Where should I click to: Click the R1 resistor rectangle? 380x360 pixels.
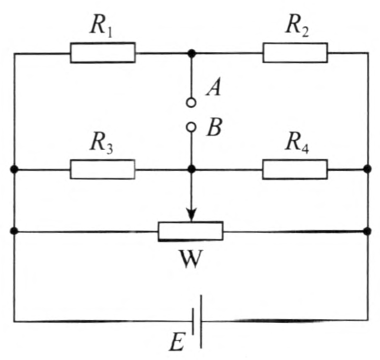pos(103,53)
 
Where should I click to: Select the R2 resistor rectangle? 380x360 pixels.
pos(295,53)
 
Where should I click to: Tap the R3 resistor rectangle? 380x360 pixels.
pos(102,169)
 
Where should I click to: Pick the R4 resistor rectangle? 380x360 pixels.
pos(295,169)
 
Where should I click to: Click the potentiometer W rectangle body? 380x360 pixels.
pos(191,232)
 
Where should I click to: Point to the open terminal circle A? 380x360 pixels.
pos(191,102)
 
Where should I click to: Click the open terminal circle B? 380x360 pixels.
pos(191,127)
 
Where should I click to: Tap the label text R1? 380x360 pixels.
pos(102,26)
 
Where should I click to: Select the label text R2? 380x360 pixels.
pos(298,26)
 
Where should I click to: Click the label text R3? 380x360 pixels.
pos(102,142)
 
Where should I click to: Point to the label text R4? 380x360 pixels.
pos(298,142)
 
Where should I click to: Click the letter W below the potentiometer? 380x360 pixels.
pos(191,259)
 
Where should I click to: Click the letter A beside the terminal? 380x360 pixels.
pos(213,88)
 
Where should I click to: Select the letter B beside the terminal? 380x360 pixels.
pos(214,127)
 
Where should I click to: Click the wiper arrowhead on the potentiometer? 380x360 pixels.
pos(192,215)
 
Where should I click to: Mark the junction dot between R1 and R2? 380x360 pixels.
pos(192,53)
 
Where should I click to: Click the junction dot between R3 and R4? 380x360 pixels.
pos(192,169)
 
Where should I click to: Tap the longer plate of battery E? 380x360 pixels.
pos(201,322)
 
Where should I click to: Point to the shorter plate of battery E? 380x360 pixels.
pos(193,322)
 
